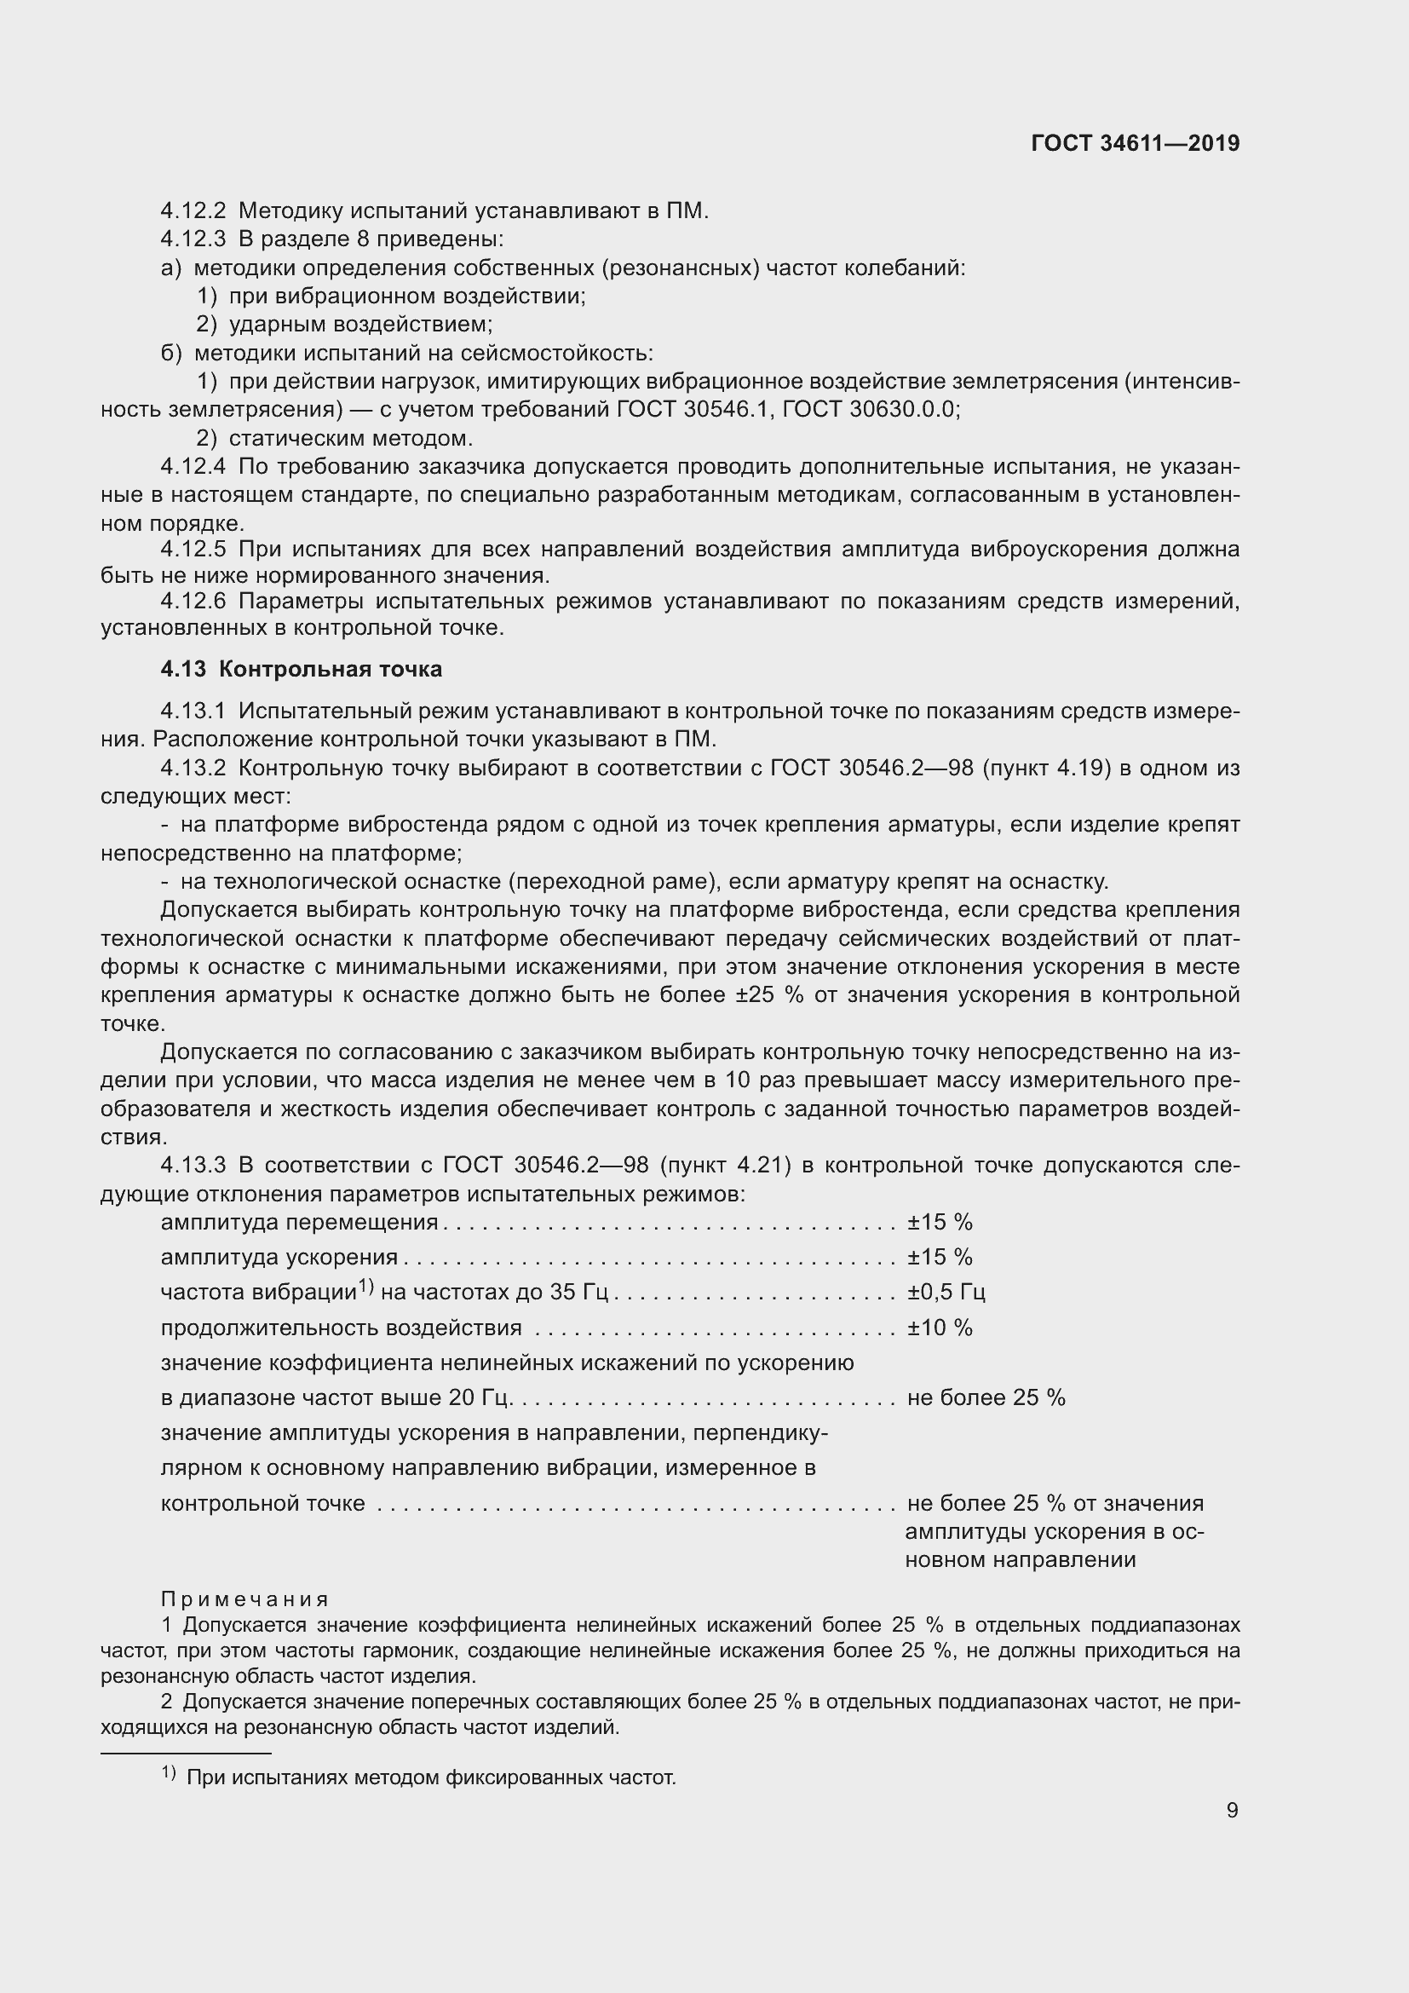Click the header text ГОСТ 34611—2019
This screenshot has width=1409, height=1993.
tap(1135, 143)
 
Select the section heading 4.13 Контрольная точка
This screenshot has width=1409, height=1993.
tap(301, 669)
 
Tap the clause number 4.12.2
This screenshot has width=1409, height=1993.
tap(193, 211)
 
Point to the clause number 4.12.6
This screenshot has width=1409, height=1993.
tap(193, 602)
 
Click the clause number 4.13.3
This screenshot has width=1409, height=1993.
tap(193, 1165)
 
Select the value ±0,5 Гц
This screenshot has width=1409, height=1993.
tap(946, 1293)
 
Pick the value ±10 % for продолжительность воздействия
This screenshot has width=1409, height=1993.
tap(940, 1328)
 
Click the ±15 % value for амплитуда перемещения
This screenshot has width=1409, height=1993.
tap(940, 1222)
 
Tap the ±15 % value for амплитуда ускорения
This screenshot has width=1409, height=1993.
tap(940, 1257)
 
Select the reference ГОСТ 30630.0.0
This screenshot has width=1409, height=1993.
tap(871, 410)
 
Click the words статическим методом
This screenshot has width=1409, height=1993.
tap(350, 438)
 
